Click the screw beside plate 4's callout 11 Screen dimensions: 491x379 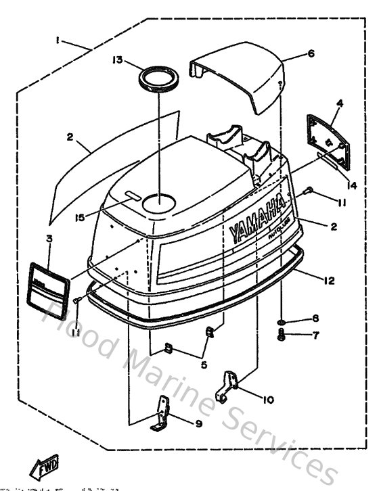coord(306,192)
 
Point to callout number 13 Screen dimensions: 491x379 coord(118,60)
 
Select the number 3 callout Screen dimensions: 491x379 coord(48,238)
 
